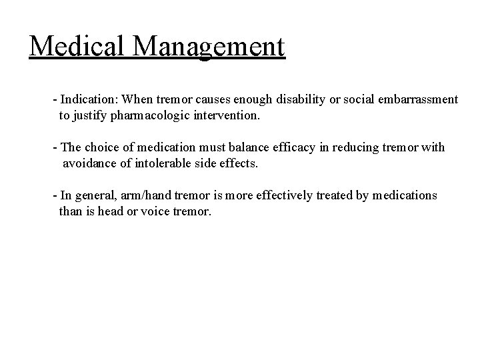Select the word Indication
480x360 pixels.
click(x=87, y=99)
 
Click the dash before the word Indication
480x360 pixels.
click(x=55, y=99)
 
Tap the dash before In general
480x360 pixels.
click(x=55, y=195)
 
